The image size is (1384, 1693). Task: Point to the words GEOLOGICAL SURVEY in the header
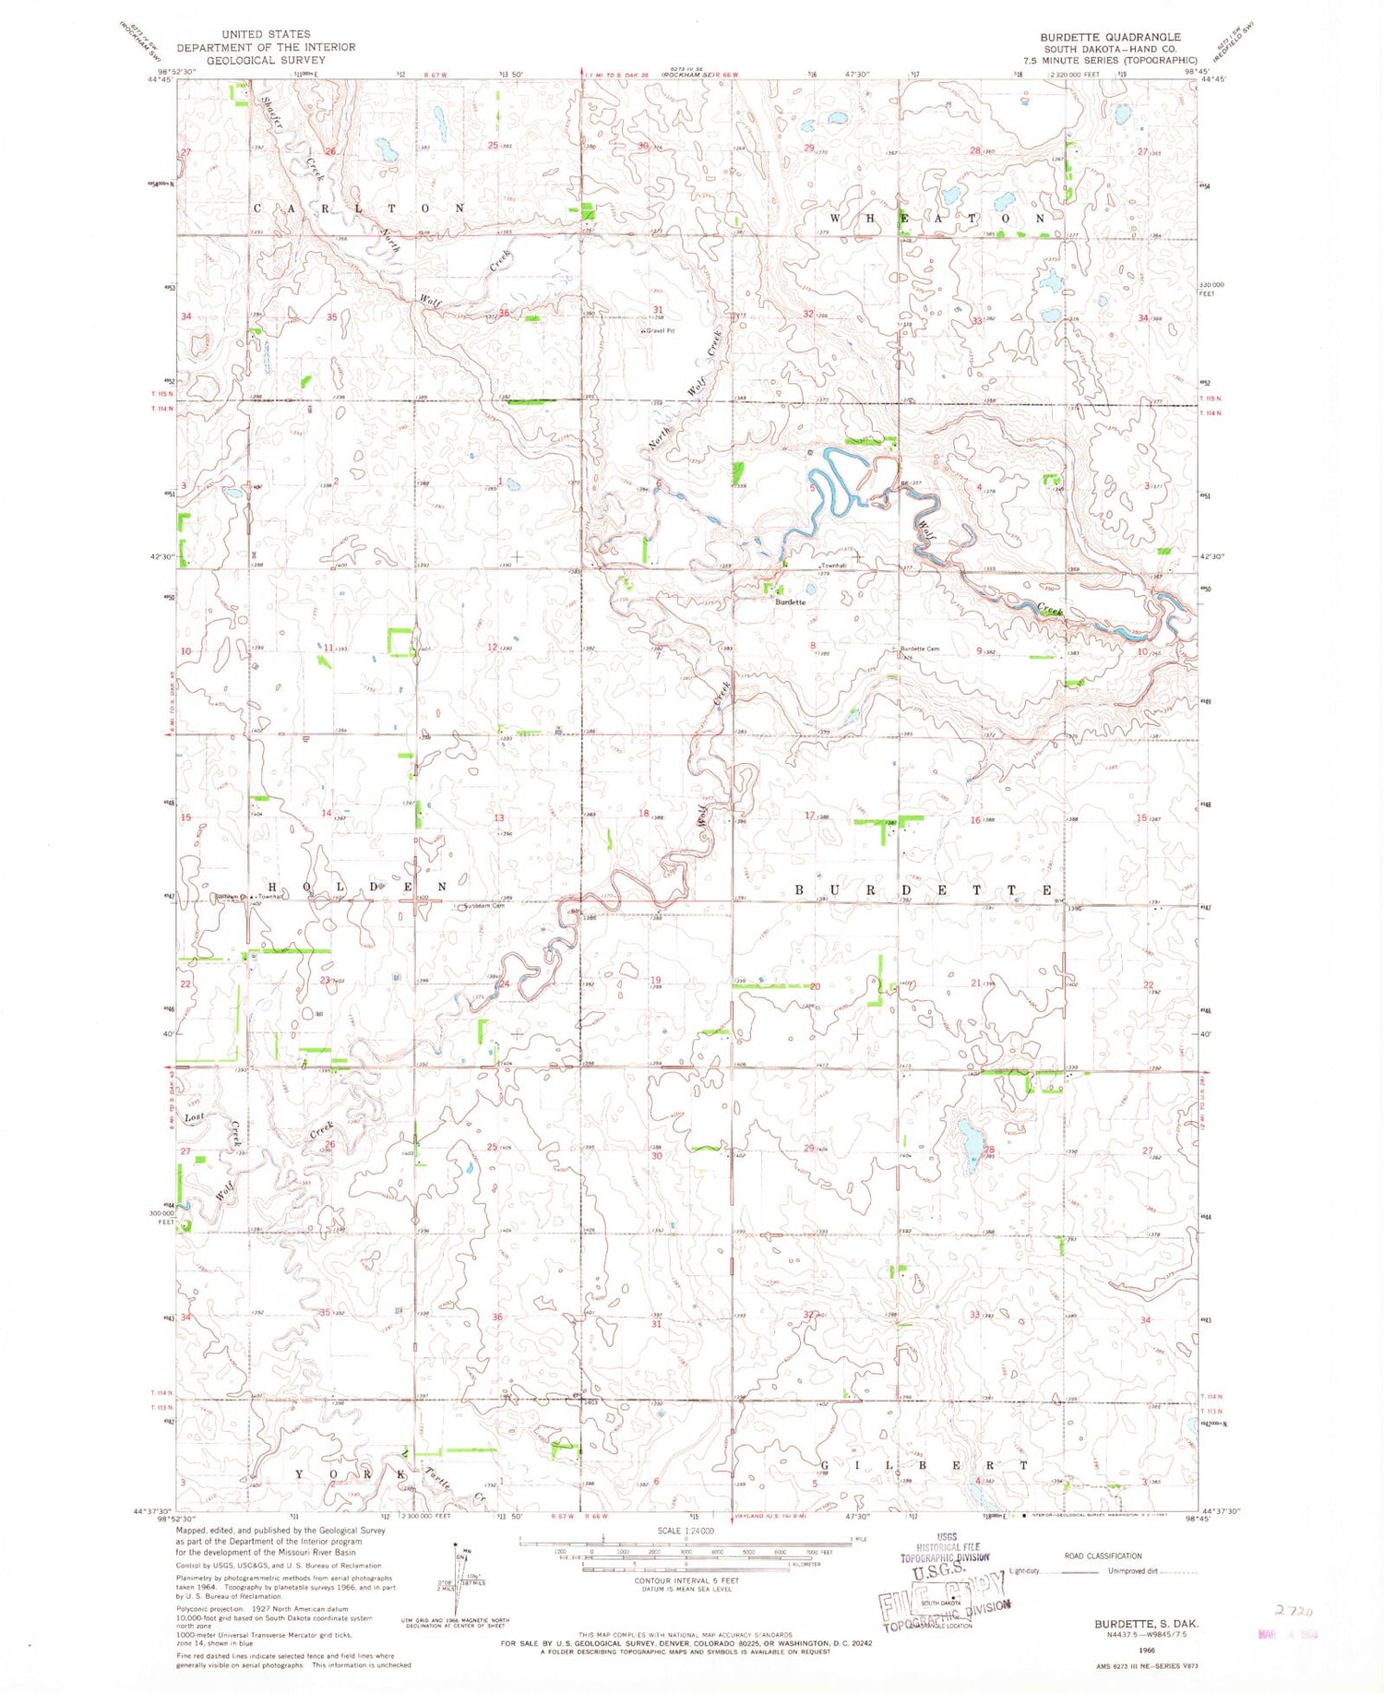pyautogui.click(x=266, y=60)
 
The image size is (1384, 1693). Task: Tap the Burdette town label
pyautogui.click(x=790, y=602)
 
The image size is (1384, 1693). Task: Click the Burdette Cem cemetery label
pyautogui.click(x=919, y=649)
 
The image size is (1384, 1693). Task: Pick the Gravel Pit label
pyautogui.click(x=660, y=330)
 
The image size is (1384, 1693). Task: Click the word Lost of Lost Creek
pyautogui.click(x=194, y=1117)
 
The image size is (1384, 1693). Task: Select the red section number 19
pyautogui.click(x=656, y=980)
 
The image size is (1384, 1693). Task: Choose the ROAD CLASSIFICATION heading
pyautogui.click(x=1103, y=1556)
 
